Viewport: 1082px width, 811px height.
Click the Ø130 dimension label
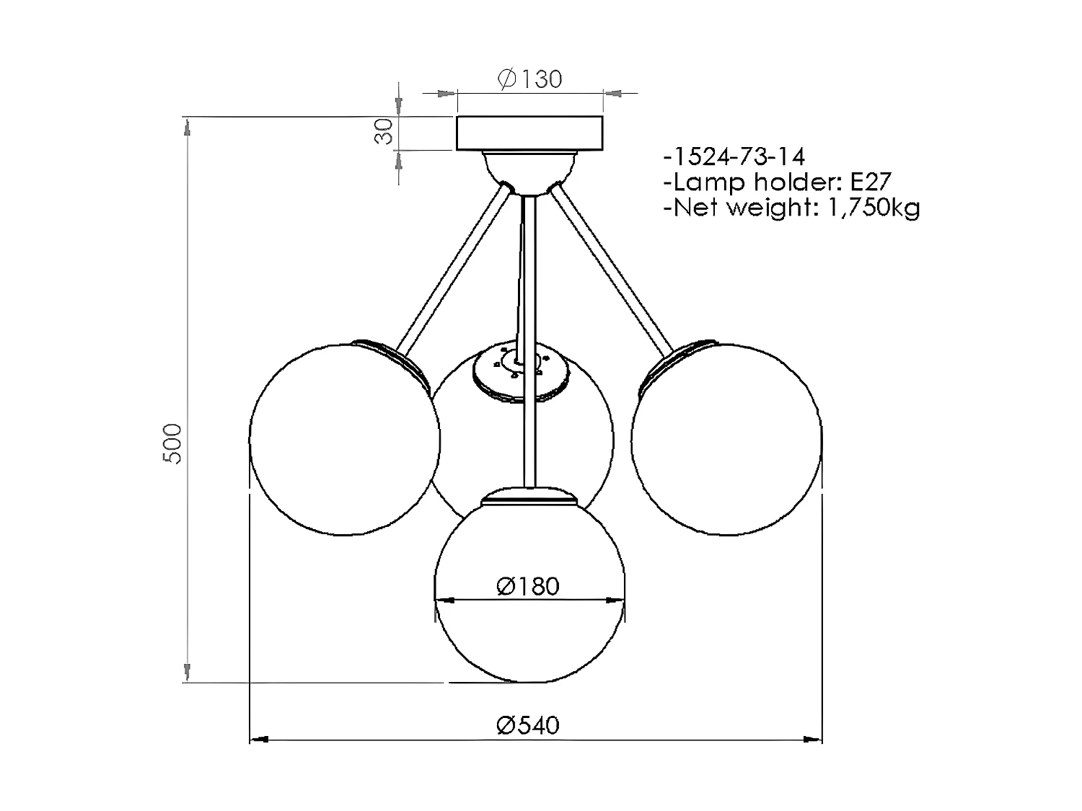coord(529,79)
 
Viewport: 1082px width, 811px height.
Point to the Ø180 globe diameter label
coord(528,587)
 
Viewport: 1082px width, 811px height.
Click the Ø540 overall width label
coord(528,724)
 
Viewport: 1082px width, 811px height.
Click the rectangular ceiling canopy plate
coord(529,133)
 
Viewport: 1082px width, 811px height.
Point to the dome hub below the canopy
coord(529,171)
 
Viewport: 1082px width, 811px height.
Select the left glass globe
coord(344,440)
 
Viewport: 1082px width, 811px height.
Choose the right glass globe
coord(726,440)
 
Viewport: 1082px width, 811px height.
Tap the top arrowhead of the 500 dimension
coord(188,128)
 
